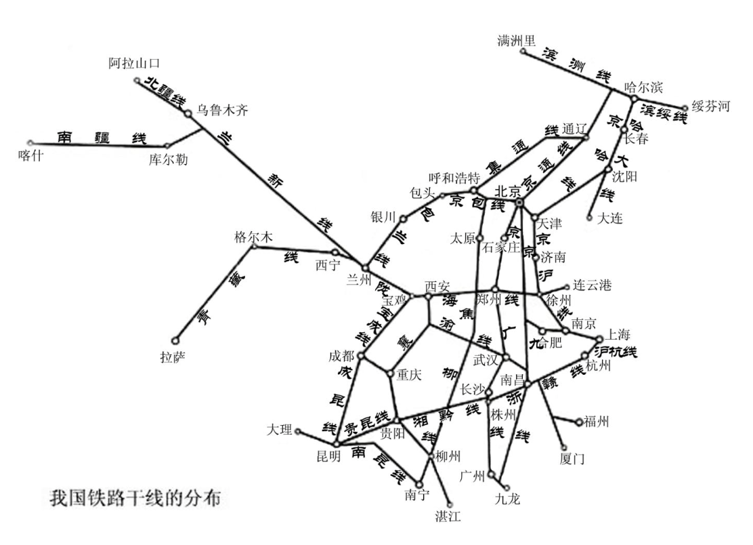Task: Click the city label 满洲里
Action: (x=517, y=40)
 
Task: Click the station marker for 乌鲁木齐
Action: (x=188, y=113)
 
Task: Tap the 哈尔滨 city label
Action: (x=643, y=87)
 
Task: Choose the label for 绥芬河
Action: (x=710, y=106)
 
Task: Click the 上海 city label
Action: (x=618, y=334)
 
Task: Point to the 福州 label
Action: (x=596, y=422)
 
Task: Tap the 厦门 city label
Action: (x=573, y=459)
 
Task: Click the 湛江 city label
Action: (x=448, y=517)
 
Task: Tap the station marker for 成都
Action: (x=361, y=355)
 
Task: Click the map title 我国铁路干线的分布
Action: (x=139, y=498)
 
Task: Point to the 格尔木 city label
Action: (x=252, y=236)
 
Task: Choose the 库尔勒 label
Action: (x=169, y=160)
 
